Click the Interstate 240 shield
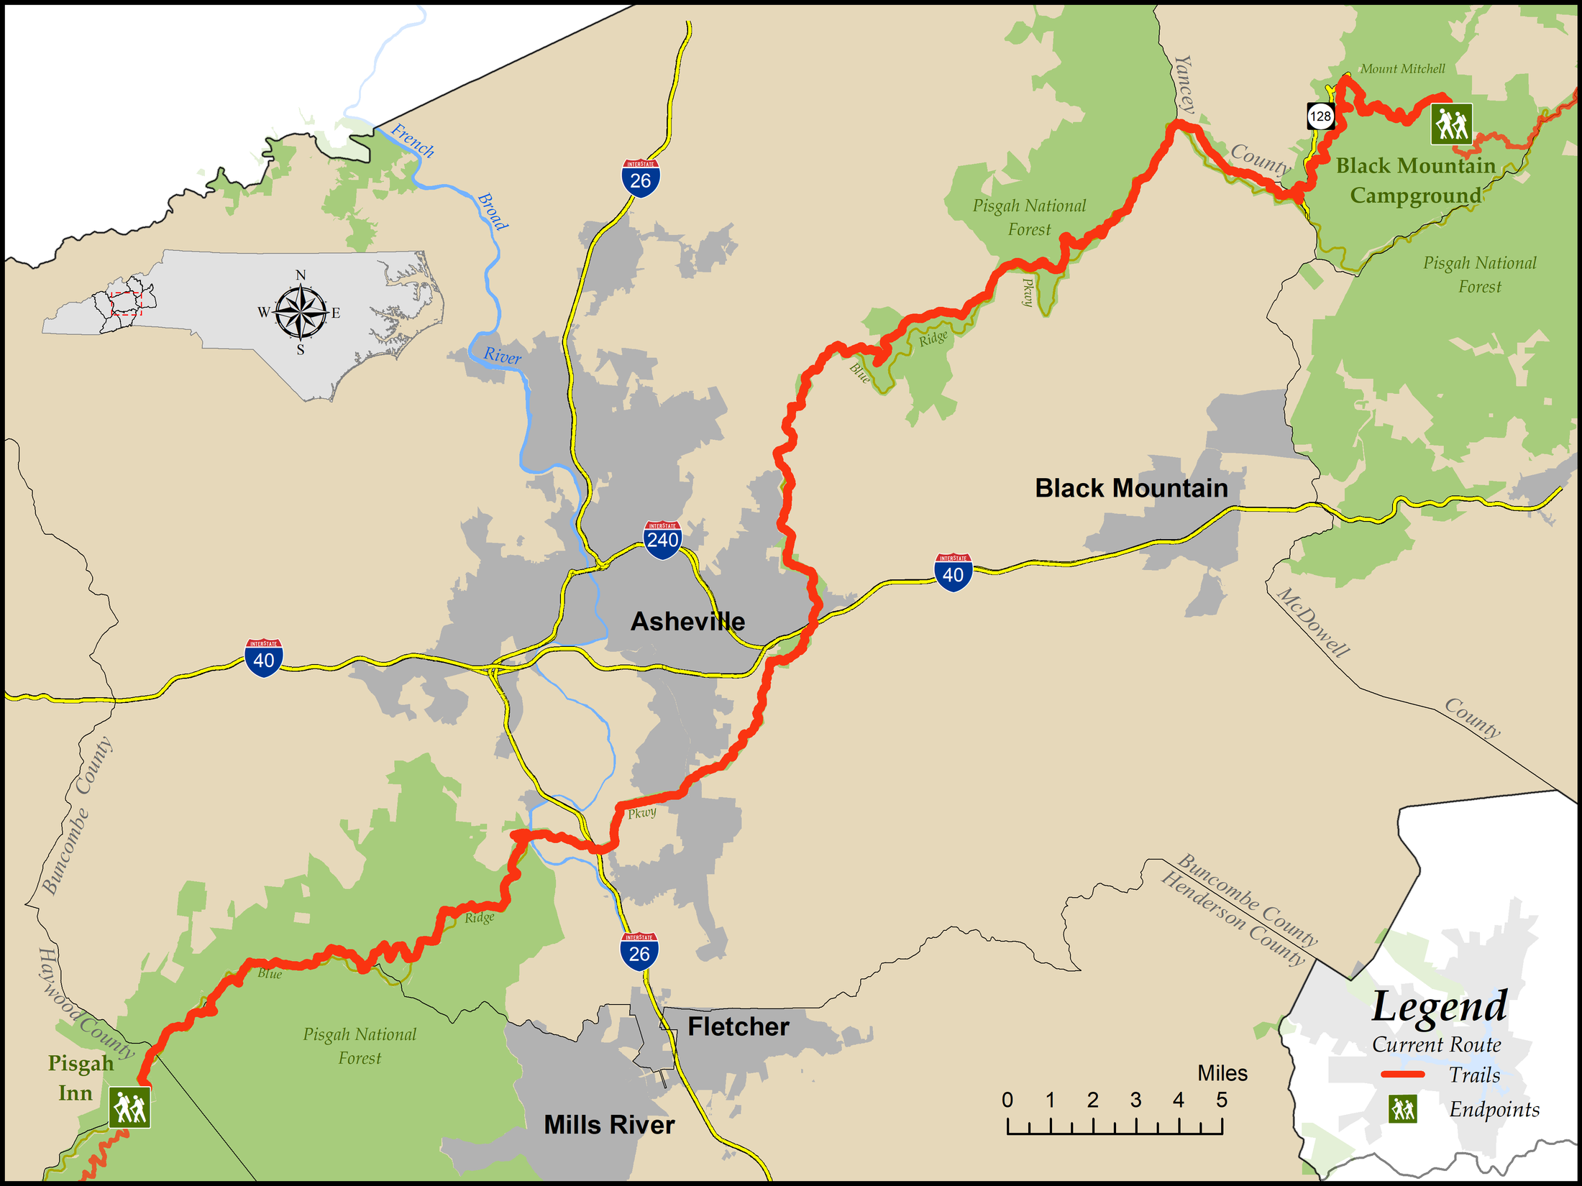point(662,539)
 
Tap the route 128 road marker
point(1320,116)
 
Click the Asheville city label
point(687,621)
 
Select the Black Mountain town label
point(1131,488)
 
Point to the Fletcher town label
point(739,1026)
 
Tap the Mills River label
point(609,1124)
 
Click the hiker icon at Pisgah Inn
point(130,1107)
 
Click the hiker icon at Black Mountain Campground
point(1451,124)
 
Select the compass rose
point(300,313)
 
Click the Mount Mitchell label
point(1402,69)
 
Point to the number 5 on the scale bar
point(1222,1100)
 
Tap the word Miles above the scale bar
point(1222,1073)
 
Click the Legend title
point(1439,1006)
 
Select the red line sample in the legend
point(1402,1075)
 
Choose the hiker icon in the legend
point(1403,1109)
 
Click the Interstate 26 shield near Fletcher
point(639,952)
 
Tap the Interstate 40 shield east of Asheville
point(953,573)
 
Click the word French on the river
point(413,140)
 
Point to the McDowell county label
point(1313,622)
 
